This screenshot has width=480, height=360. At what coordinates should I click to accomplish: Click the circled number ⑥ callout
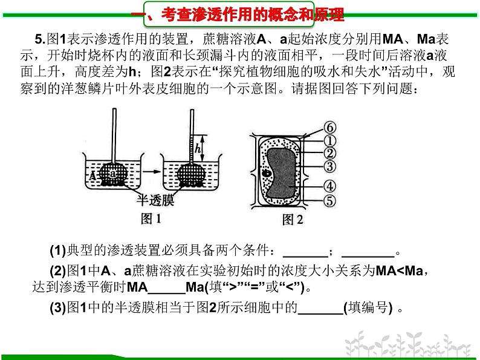tap(329, 128)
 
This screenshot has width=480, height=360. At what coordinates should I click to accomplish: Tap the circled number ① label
tap(329, 140)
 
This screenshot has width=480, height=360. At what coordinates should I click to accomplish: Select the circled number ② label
tap(329, 154)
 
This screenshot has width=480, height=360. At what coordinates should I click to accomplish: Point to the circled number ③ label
tap(329, 166)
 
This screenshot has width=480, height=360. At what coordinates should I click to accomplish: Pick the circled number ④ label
tap(329, 186)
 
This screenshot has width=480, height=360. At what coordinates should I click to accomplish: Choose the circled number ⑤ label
tap(329, 201)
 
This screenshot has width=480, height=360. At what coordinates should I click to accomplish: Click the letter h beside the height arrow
tap(198, 149)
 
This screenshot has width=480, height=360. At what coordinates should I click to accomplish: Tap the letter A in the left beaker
tap(92, 176)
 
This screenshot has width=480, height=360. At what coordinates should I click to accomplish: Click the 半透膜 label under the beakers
tap(155, 200)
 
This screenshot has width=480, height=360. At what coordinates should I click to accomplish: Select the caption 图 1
tap(151, 219)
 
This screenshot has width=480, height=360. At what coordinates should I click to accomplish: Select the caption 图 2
tap(293, 220)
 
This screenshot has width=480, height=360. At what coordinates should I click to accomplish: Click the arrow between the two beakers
tap(152, 171)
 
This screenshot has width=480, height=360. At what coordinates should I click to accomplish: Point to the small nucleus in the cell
tap(267, 173)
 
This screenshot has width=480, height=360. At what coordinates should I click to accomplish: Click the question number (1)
tap(58, 250)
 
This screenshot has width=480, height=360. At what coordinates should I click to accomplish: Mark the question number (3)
tap(58, 307)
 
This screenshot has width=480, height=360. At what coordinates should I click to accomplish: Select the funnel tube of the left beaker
tap(114, 136)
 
